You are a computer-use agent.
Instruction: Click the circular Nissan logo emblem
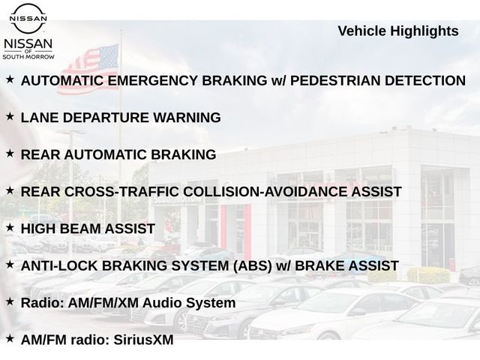(x=28, y=18)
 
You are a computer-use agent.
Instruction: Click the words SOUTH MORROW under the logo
(x=28, y=57)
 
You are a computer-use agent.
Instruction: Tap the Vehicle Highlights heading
(x=398, y=31)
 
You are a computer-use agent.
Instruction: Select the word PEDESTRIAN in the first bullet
(x=335, y=81)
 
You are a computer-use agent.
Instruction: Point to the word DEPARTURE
(x=106, y=118)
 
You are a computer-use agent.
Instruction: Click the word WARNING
(x=187, y=118)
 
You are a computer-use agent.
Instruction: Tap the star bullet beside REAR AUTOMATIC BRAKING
(x=10, y=154)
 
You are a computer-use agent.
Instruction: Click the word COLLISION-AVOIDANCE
(x=265, y=192)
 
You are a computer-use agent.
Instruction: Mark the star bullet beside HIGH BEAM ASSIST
(x=10, y=228)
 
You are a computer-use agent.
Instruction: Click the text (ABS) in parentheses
(x=253, y=266)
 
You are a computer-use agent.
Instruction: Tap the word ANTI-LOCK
(x=59, y=266)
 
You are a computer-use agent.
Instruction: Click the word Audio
(x=162, y=303)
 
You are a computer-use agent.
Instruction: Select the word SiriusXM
(x=143, y=340)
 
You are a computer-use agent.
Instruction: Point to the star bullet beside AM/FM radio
(x=10, y=339)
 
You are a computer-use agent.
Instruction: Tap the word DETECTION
(x=425, y=81)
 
